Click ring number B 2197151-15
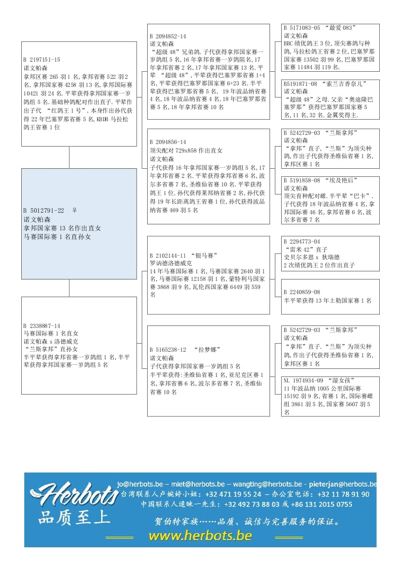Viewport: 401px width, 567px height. tap(41, 60)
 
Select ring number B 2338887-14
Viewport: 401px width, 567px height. tap(41, 326)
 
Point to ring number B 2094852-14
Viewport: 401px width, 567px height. tap(168, 36)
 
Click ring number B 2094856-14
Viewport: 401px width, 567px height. tap(168, 143)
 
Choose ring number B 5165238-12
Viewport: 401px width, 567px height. tap(168, 350)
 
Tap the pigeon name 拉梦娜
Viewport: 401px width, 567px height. tap(205, 350)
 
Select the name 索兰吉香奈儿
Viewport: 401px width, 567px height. tap(346, 83)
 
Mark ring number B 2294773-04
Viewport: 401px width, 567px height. tap(302, 242)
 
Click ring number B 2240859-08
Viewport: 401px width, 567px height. tap(302, 292)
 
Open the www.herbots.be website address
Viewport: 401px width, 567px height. tap(200, 536)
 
